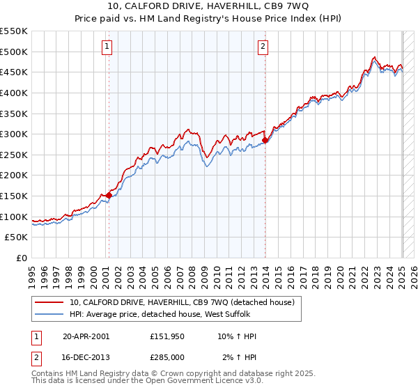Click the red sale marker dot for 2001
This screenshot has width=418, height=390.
pyautogui.click(x=109, y=196)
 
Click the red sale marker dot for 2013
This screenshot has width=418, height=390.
pyautogui.click(x=265, y=141)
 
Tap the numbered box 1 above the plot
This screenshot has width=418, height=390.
pyautogui.click(x=108, y=47)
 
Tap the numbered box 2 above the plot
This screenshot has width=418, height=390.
pyautogui.click(x=263, y=47)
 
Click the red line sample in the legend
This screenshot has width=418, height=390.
pyautogui.click(x=49, y=302)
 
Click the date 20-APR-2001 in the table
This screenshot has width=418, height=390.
pyautogui.click(x=85, y=336)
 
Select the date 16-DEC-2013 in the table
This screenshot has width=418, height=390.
pyautogui.click(x=85, y=357)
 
